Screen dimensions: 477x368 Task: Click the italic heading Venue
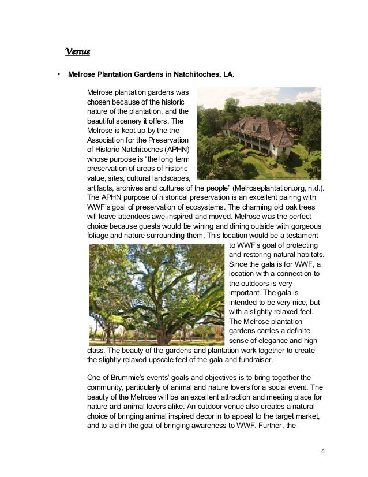78,53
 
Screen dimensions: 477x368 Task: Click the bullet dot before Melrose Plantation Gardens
58,74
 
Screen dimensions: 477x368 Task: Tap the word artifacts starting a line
100,188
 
